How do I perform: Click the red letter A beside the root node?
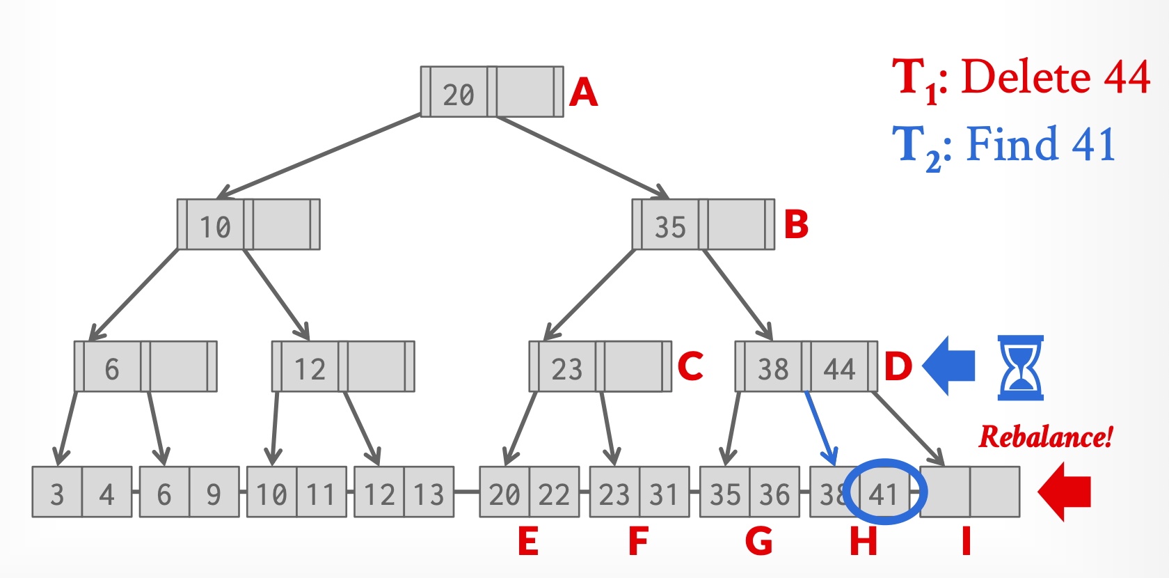point(583,92)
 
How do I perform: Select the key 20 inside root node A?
point(459,95)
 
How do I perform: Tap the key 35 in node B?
point(670,227)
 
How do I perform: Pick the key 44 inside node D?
point(839,368)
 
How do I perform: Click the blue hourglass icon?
point(1020,367)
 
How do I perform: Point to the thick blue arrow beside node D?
point(949,366)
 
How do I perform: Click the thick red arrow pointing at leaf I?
point(1064,492)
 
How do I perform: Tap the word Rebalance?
point(1046,437)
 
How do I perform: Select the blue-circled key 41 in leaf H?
point(883,494)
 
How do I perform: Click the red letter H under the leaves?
point(864,541)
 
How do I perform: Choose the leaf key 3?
point(57,494)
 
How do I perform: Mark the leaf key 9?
point(214,494)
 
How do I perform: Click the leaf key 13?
point(429,494)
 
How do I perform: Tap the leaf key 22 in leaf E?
point(554,494)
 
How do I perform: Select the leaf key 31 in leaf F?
point(664,494)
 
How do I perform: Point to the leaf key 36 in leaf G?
point(774,494)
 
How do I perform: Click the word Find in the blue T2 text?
point(1012,144)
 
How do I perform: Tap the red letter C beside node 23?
point(690,366)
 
